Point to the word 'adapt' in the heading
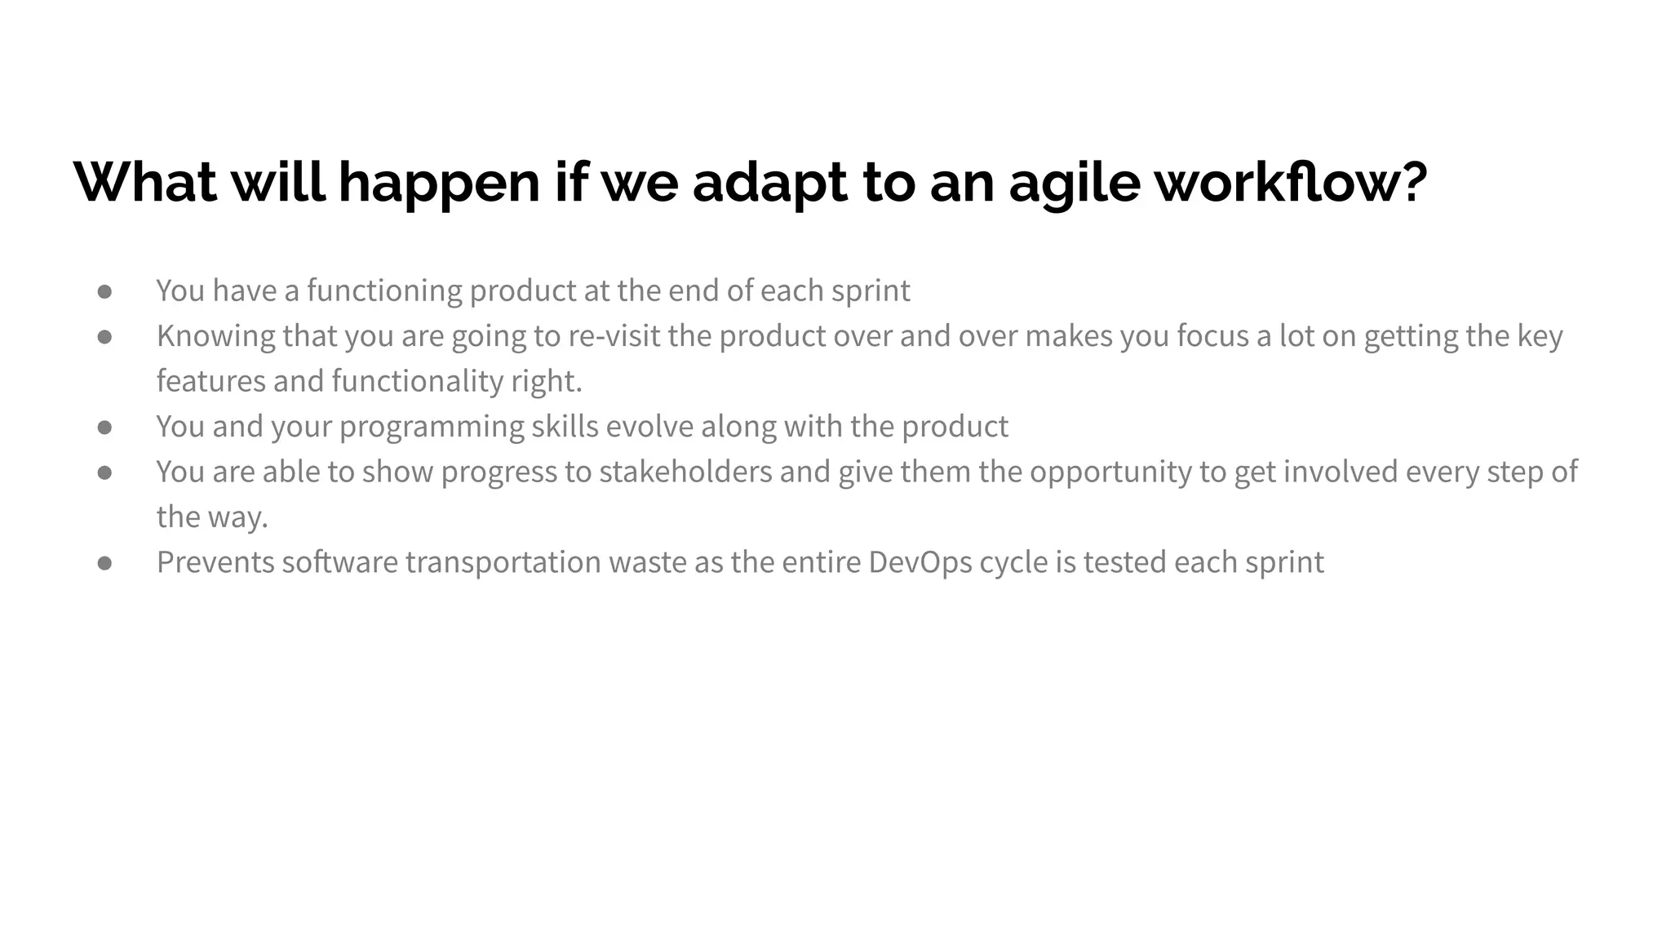point(769,183)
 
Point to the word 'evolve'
point(649,427)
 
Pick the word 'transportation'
point(503,562)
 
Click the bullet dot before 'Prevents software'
point(104,563)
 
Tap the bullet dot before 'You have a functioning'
point(104,291)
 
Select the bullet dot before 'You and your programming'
point(104,427)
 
